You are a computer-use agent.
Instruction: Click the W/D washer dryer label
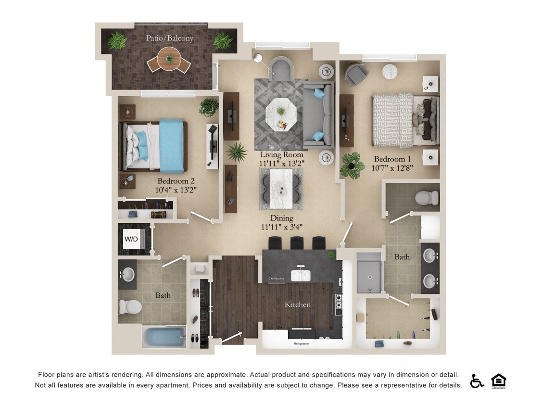pos(131,239)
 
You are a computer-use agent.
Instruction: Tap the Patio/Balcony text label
pos(170,38)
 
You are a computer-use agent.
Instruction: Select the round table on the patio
pos(169,60)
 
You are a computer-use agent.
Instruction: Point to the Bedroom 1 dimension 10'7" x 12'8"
pos(393,168)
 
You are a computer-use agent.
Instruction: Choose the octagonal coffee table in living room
pos(280,114)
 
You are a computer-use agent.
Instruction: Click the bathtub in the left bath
pos(164,336)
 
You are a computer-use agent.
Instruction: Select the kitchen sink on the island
pos(301,274)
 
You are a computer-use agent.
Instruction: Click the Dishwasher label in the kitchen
pos(276,279)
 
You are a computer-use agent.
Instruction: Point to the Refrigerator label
pos(301,343)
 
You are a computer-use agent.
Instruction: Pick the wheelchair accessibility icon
pos(477,381)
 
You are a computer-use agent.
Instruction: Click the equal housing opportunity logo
pos(499,381)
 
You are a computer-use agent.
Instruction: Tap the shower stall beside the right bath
pos(369,273)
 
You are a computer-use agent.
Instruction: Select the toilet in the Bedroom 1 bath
pos(427,197)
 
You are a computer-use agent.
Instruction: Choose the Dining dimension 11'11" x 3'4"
pos(282,227)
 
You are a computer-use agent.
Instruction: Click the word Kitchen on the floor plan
pos(298,304)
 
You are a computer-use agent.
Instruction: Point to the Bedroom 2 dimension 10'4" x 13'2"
pos(176,190)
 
